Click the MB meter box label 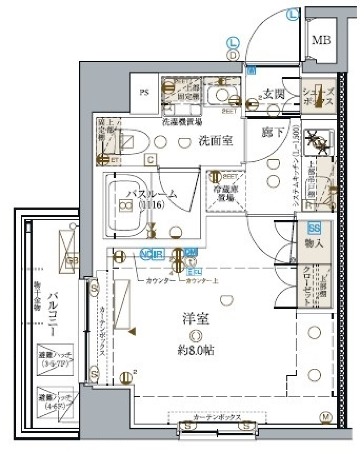[x=322, y=41]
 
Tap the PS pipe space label [x=144, y=93]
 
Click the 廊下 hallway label [x=273, y=132]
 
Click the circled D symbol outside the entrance [x=233, y=55]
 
